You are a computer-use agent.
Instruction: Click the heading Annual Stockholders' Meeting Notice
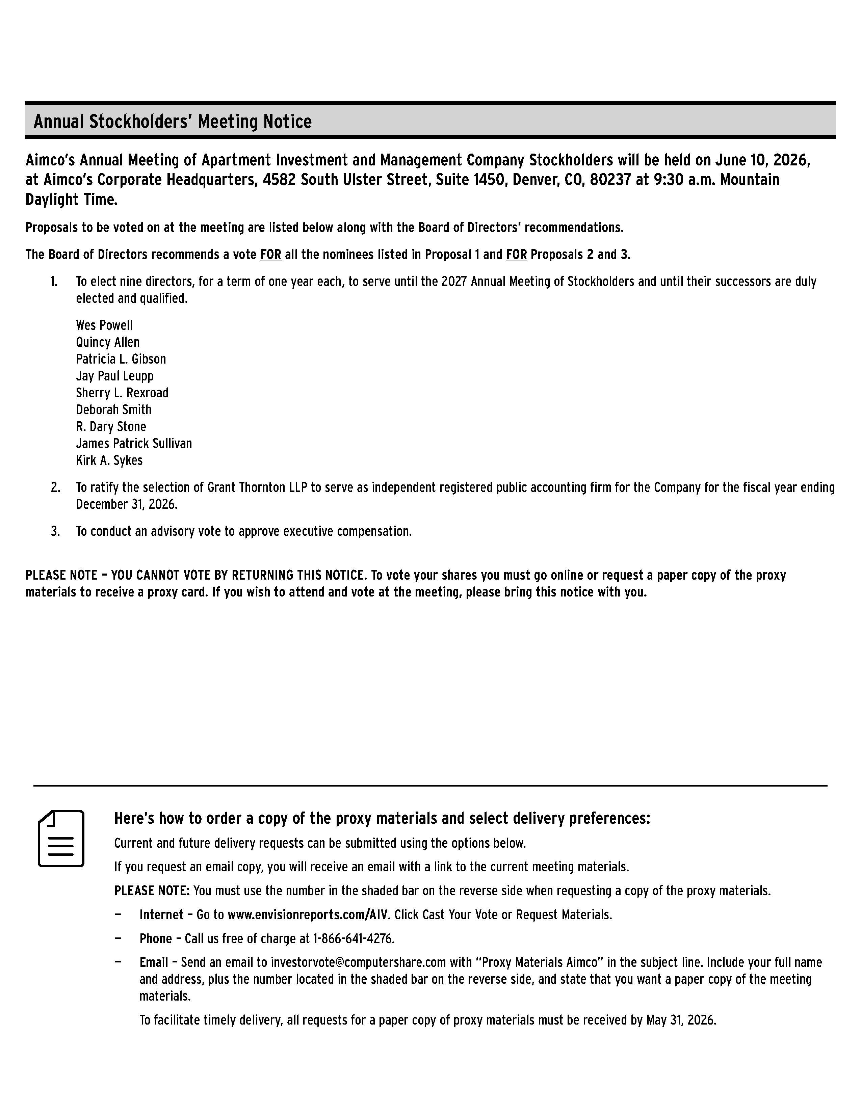pyautogui.click(x=173, y=122)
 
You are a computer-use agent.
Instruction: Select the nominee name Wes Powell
pyautogui.click(x=104, y=325)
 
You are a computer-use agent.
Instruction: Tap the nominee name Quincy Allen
pyautogui.click(x=108, y=342)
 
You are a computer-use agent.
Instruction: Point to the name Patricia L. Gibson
pyautogui.click(x=121, y=359)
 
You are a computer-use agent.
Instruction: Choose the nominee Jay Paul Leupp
pyautogui.click(x=115, y=376)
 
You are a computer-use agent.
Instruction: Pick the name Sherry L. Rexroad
pyautogui.click(x=122, y=393)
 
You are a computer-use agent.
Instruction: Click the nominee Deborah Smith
pyautogui.click(x=114, y=409)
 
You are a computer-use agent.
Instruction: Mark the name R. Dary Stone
pyautogui.click(x=111, y=426)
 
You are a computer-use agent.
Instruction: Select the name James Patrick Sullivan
pyautogui.click(x=134, y=443)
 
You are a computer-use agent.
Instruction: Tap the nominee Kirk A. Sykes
pyautogui.click(x=109, y=460)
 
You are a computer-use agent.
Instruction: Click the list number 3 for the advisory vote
pyautogui.click(x=55, y=531)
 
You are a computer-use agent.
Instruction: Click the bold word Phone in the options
pyautogui.click(x=156, y=938)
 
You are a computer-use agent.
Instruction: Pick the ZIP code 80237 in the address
pyautogui.click(x=610, y=180)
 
